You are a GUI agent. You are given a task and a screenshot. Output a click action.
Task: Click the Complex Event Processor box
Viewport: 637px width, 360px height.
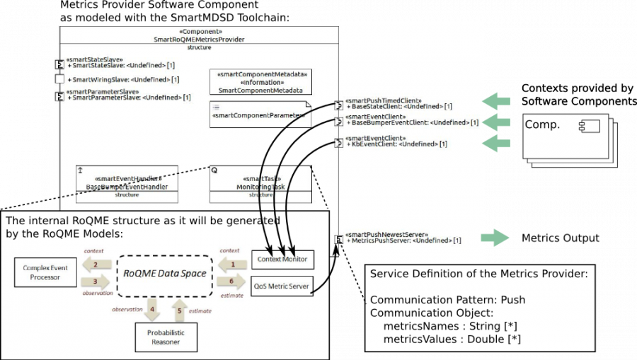pos(45,272)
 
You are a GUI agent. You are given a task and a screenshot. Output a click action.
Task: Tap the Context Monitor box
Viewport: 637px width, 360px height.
pos(282,260)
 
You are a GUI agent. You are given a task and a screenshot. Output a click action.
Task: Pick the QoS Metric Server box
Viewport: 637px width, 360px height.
pos(282,285)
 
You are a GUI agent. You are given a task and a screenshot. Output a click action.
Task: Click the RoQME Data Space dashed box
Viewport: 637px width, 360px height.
pos(165,273)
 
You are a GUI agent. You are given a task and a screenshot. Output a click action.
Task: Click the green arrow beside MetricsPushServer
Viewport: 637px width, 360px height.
pos(495,238)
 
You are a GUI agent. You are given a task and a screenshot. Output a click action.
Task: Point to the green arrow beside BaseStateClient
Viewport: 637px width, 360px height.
pos(497,101)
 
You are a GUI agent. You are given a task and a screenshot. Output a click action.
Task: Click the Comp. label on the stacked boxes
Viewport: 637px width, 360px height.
pos(542,124)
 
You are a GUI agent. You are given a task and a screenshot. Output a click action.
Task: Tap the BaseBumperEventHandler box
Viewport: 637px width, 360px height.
pos(127,183)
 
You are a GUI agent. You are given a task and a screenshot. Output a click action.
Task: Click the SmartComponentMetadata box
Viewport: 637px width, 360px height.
pos(260,82)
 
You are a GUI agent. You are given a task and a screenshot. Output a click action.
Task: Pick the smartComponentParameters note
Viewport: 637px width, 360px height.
pos(260,115)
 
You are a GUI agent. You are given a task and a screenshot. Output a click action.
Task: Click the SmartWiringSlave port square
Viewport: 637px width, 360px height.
pos(60,79)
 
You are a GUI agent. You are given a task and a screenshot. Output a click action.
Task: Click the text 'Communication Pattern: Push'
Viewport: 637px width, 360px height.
pos(447,300)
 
